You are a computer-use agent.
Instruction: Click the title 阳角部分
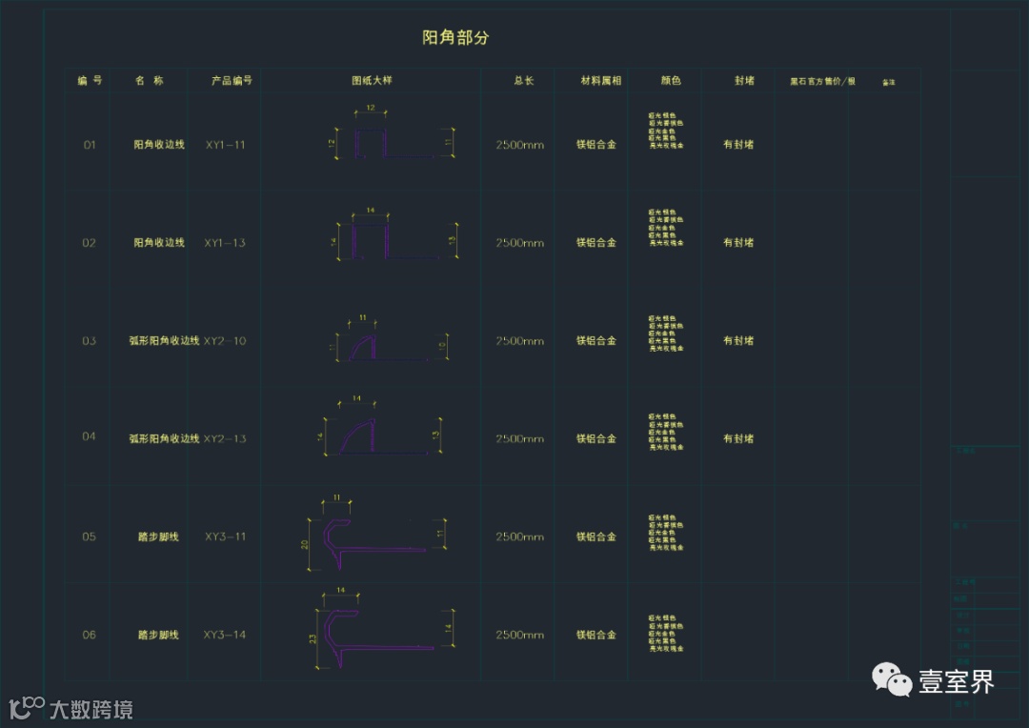[455, 38]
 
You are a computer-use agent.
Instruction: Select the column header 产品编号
[232, 81]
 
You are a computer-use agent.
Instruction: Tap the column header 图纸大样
[372, 81]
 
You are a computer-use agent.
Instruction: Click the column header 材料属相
[600, 81]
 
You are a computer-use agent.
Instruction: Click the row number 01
[90, 145]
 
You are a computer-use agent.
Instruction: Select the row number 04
[89, 436]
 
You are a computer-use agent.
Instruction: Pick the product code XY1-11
[225, 145]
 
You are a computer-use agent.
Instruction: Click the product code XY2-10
[225, 340]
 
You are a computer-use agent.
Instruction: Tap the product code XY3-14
[225, 635]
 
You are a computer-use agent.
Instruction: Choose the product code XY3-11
[225, 536]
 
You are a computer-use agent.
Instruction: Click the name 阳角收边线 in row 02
[159, 243]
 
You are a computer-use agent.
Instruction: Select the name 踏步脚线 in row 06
[158, 635]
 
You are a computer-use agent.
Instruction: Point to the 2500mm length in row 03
[519, 341]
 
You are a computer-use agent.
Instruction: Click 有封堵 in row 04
[738, 438]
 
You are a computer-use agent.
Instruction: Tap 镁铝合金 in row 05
[596, 536]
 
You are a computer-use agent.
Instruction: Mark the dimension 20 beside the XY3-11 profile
[304, 544]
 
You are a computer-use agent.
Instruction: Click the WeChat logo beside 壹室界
[893, 680]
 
